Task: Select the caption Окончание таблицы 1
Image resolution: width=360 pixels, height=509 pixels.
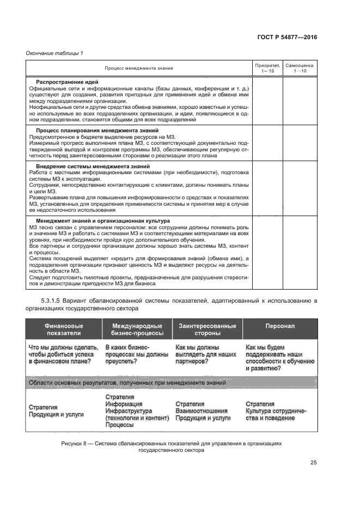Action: tap(54, 52)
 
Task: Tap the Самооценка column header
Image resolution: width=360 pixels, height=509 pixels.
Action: tap(300, 68)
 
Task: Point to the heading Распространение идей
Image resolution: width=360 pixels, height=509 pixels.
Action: tap(67, 82)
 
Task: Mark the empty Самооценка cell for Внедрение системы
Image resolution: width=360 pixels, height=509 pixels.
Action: tap(300, 188)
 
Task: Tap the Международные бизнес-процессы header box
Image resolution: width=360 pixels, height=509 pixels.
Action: tap(137, 329)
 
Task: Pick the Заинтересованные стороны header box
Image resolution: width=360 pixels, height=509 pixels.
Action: tap(207, 329)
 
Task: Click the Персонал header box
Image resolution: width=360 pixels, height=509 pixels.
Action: tap(280, 326)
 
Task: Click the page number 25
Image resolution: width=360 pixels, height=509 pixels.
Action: tap(313, 463)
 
